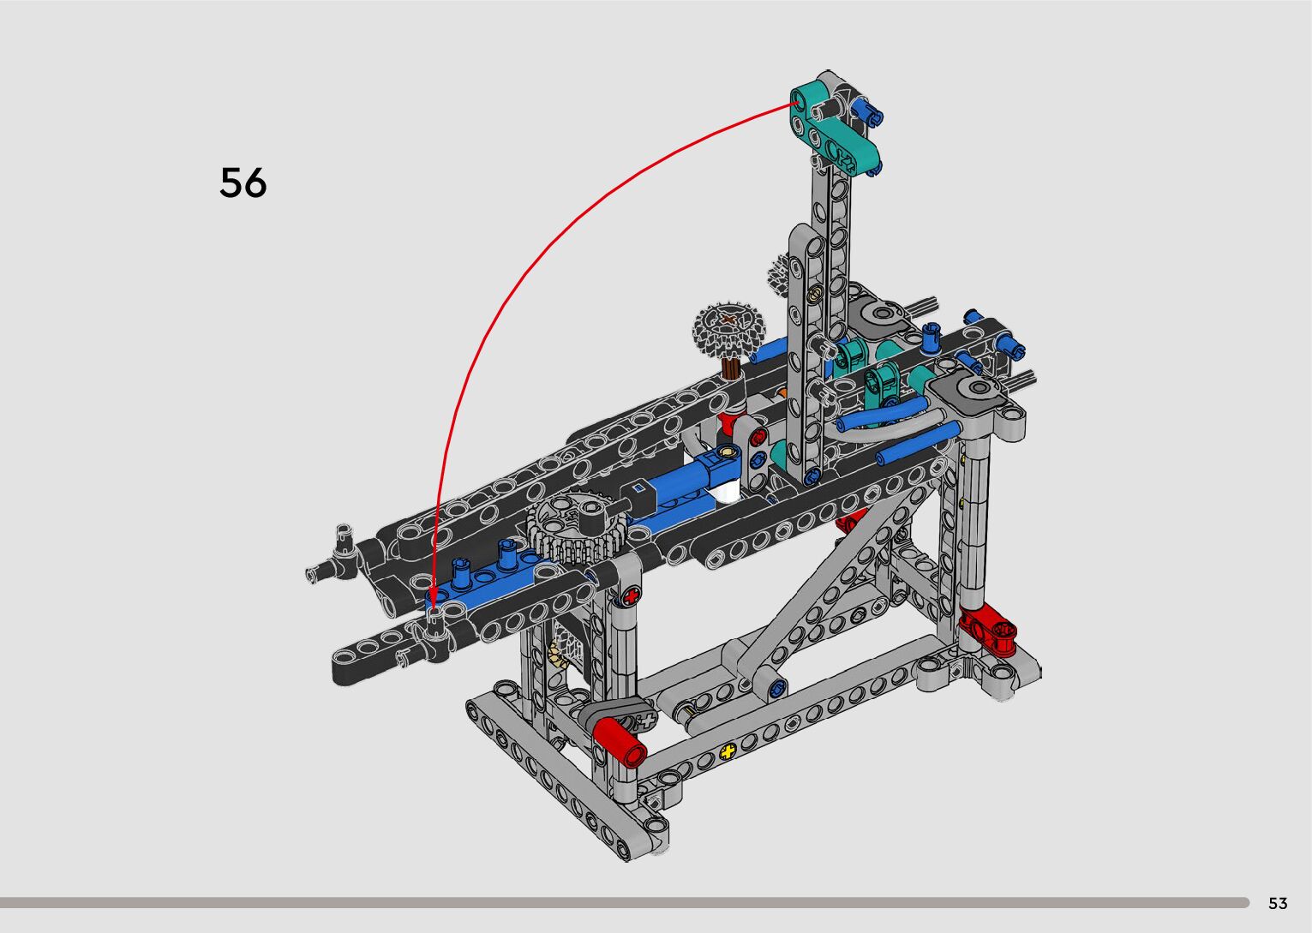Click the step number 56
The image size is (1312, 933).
[243, 182]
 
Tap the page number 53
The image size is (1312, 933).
[1278, 903]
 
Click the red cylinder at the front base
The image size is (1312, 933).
[620, 743]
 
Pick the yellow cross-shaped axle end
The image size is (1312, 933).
[728, 751]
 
